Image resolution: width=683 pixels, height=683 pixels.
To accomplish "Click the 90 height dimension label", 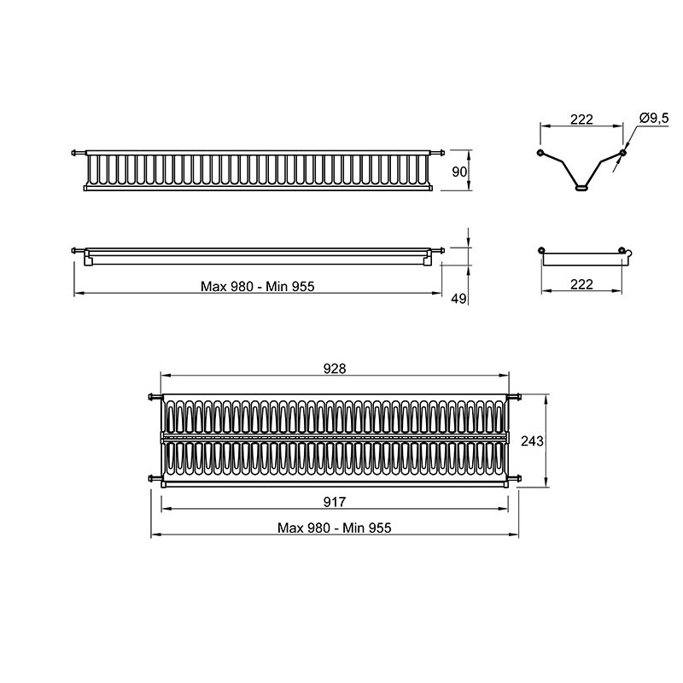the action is coord(459,172).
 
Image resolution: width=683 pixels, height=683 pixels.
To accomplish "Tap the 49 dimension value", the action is coord(458,299).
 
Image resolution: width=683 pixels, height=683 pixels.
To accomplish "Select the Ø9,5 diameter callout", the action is coord(654,119).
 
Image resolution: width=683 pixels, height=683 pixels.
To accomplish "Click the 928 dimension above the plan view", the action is coord(335,369).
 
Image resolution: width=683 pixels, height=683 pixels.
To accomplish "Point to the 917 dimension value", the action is coord(335,502).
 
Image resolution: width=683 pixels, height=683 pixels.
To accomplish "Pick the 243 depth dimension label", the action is coord(532,441).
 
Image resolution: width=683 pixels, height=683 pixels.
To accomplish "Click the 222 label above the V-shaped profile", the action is coord(581,119).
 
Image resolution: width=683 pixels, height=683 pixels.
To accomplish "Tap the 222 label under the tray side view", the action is coord(581,284).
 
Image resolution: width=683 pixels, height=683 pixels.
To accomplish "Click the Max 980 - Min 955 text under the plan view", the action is coord(335,528).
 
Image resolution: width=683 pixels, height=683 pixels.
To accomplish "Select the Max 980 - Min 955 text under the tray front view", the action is coord(258,286).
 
